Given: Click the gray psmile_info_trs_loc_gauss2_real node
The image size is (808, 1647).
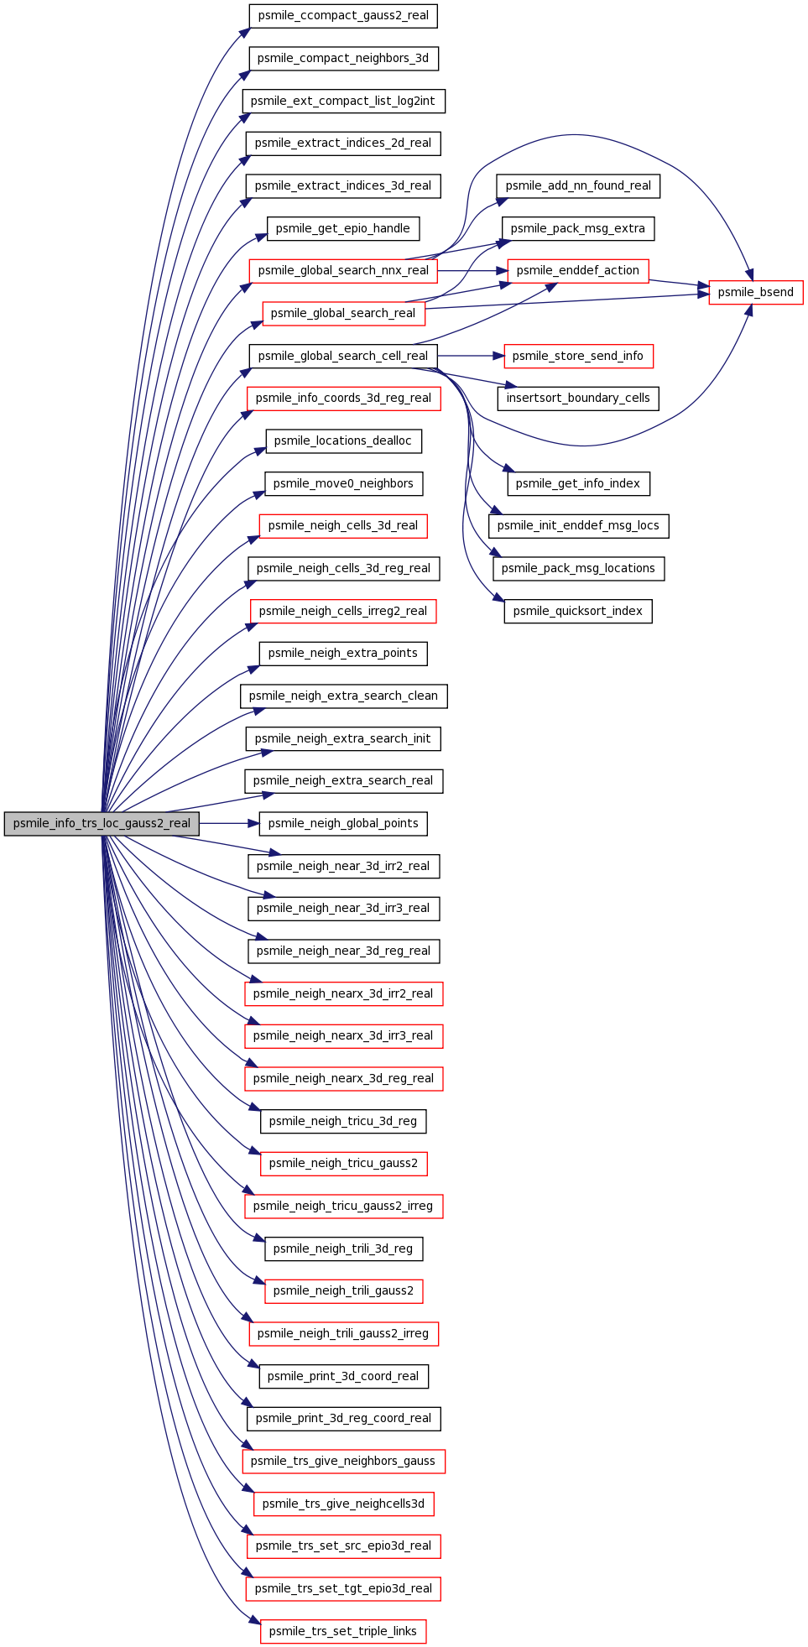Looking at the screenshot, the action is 102,823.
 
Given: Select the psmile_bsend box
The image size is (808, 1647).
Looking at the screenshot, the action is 755,292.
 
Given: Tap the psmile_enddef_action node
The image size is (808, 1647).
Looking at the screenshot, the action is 578,270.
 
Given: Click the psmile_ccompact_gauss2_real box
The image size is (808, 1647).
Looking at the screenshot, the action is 343,15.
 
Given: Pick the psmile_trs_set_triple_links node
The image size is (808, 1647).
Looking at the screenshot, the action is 343,1631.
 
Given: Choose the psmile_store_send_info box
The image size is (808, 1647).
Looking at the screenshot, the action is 578,356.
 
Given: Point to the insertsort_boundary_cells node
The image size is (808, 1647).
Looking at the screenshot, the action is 578,398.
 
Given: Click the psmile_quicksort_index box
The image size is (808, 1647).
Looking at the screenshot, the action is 578,611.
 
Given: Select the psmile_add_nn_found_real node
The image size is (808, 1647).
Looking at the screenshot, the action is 578,185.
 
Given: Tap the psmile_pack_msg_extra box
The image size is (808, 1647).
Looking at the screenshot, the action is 578,228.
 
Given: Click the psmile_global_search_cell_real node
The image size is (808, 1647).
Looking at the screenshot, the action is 343,356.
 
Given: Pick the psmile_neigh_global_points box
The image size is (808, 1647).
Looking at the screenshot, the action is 343,823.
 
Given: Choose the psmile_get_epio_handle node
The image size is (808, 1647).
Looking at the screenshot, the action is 343,228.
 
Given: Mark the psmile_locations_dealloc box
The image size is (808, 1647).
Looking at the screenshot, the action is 343,440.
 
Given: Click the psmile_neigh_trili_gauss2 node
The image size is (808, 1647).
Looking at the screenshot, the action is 343,1290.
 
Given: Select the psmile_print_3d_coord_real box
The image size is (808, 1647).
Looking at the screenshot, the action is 343,1376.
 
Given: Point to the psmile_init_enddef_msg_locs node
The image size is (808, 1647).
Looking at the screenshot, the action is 578,525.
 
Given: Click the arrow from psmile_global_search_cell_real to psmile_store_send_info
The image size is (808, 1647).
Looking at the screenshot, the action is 471,356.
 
